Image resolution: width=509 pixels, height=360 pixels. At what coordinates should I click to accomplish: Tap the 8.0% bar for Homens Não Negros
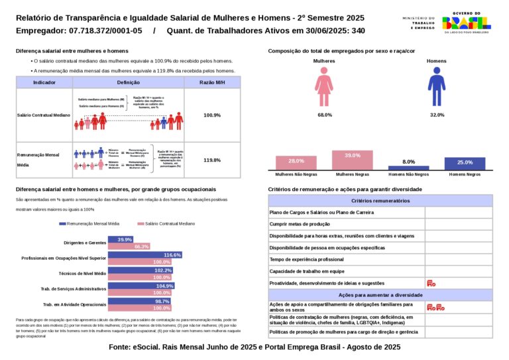[x=408, y=168]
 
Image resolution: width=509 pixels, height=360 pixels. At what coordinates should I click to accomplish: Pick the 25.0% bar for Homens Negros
[x=465, y=164]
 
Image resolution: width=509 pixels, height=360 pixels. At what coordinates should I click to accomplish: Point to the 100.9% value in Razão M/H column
[x=212, y=115]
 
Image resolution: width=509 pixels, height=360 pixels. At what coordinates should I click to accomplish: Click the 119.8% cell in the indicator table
[x=212, y=160]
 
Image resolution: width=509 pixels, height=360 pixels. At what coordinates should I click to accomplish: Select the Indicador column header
[x=44, y=82]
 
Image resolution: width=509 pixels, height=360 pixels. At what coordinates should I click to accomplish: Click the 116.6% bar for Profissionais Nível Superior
[x=145, y=255]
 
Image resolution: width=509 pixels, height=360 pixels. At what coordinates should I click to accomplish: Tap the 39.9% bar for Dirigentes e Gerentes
[x=121, y=239]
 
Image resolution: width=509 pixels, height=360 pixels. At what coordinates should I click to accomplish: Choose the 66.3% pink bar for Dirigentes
[x=129, y=247]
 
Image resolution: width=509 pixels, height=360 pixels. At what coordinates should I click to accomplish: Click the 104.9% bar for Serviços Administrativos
[x=141, y=286]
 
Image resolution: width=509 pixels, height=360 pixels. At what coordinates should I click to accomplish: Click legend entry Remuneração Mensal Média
[x=91, y=224]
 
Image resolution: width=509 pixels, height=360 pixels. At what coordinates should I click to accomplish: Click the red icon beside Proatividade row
[x=431, y=283]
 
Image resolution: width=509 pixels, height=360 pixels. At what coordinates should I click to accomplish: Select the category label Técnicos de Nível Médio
[x=82, y=273]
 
